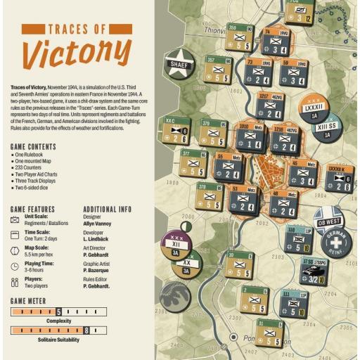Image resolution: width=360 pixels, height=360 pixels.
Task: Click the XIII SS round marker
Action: (x=327, y=128)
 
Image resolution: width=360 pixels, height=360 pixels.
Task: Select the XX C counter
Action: (x=173, y=131)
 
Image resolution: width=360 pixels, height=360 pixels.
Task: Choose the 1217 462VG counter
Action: (x=270, y=105)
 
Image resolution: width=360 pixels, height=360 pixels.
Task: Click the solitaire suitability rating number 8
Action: (x=86, y=330)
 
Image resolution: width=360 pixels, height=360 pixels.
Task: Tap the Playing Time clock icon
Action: (x=15, y=266)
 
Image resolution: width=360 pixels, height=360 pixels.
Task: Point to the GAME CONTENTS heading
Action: (x=34, y=147)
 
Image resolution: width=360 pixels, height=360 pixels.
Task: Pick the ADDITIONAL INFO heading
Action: (x=107, y=209)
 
